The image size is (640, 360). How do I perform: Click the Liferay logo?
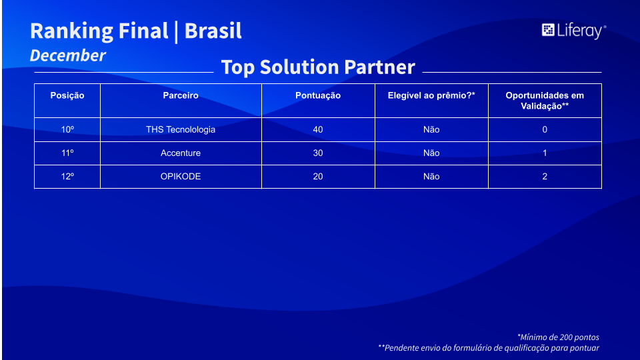tap(574, 31)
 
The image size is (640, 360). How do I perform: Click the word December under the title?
tap(68, 55)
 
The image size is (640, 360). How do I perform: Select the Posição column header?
tap(67, 95)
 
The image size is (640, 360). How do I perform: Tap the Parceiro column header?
tap(181, 95)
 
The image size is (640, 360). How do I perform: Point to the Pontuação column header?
tap(318, 95)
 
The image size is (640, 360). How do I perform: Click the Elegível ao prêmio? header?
tap(431, 95)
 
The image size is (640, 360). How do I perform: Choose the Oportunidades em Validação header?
tap(545, 101)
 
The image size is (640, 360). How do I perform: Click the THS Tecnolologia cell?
tap(181, 130)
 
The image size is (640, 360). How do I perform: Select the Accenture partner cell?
tap(181, 153)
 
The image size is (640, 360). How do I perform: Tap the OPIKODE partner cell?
tap(181, 176)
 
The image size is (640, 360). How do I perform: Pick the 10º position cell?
tap(67, 130)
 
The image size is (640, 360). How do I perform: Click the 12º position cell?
tap(67, 176)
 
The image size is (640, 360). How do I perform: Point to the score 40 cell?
tap(318, 130)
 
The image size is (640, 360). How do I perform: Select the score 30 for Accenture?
tap(318, 153)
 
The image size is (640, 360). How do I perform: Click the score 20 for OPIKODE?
tap(318, 176)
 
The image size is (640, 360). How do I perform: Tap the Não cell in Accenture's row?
tap(431, 153)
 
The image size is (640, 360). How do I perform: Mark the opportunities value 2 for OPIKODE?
tap(545, 176)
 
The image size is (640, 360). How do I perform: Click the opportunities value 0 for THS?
tap(545, 130)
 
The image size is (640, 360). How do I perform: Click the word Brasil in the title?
tap(213, 31)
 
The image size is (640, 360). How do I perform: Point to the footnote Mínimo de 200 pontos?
tap(559, 337)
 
